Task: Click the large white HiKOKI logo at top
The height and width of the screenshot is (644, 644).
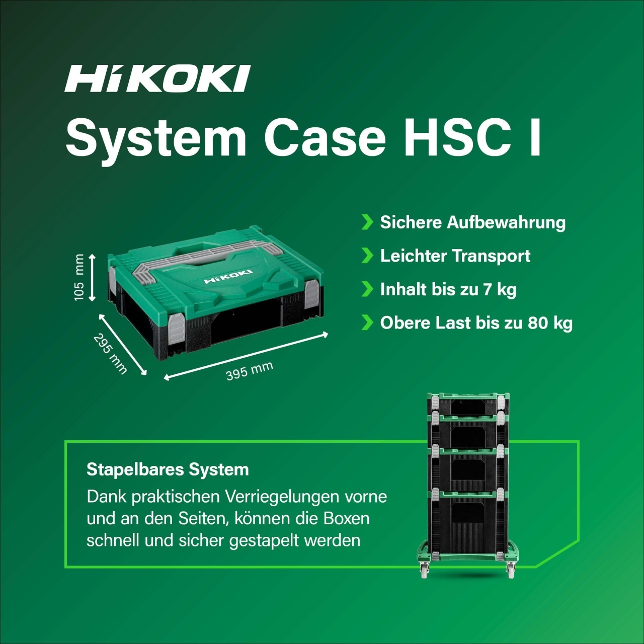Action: pos(157,78)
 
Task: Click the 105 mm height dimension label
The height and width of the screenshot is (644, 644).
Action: pos(79,277)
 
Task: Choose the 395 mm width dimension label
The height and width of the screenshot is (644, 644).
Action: pos(250,371)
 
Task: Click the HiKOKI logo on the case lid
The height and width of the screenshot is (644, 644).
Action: pos(228,276)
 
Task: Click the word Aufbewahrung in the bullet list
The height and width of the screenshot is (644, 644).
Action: pos(506,222)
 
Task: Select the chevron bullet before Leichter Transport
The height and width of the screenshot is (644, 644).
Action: pos(367,256)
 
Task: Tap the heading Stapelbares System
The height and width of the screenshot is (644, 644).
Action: pos(168,469)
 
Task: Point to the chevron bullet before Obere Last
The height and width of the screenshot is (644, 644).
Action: pos(367,323)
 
